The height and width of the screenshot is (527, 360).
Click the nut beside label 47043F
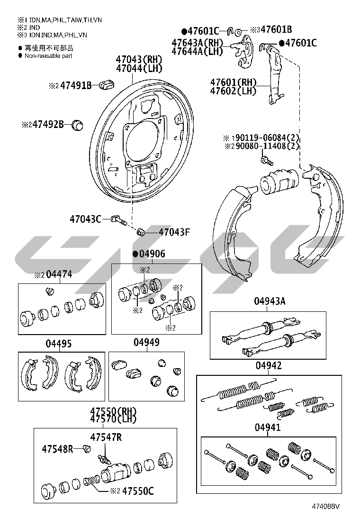click(x=141, y=232)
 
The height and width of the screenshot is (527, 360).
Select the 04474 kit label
click(x=59, y=275)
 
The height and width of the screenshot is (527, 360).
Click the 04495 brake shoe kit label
click(x=59, y=343)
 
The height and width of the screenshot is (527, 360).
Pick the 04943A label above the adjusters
click(x=269, y=301)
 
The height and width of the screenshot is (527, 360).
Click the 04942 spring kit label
click(x=269, y=365)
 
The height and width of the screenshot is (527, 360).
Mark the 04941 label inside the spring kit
click(x=268, y=427)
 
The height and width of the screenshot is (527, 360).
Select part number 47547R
click(x=106, y=437)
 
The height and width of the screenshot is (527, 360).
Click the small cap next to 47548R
click(x=86, y=448)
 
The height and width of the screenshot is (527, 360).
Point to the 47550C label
click(x=138, y=491)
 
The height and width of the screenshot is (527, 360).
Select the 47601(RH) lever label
click(x=233, y=82)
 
